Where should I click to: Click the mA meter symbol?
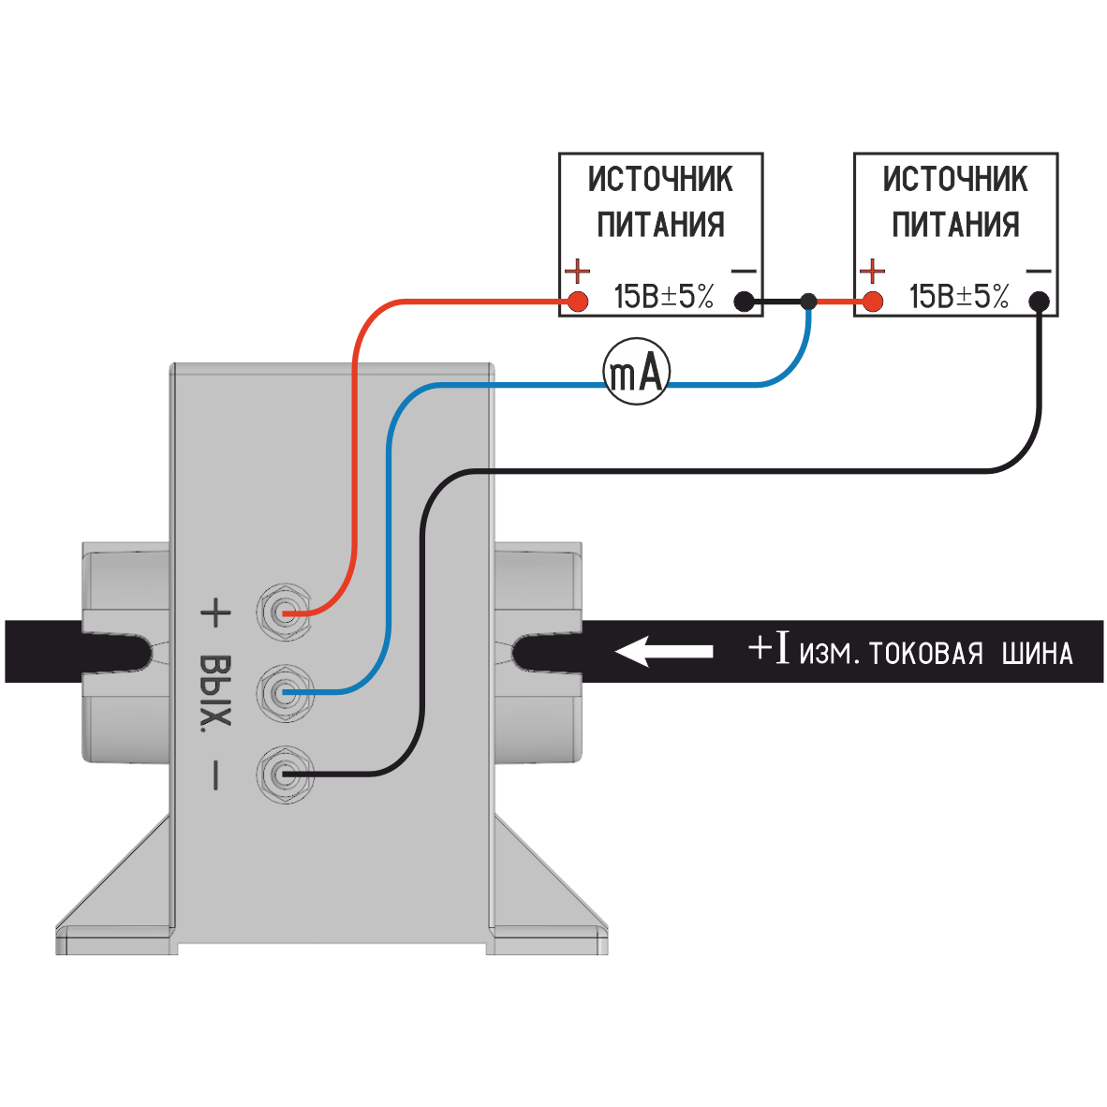click(636, 372)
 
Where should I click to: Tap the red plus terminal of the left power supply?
click(578, 302)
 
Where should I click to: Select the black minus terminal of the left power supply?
click(744, 302)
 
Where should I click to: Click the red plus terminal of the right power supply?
click(873, 302)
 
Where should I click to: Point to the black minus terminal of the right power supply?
click(1039, 302)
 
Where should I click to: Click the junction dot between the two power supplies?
click(809, 302)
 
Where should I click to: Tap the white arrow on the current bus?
click(663, 651)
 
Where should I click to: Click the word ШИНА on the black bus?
click(1037, 653)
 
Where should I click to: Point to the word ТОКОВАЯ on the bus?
click(926, 653)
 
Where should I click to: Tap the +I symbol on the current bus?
click(770, 647)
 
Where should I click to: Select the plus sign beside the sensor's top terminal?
click(214, 613)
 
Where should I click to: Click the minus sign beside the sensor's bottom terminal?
click(215, 775)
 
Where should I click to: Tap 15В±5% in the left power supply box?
click(664, 297)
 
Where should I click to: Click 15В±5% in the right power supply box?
click(959, 297)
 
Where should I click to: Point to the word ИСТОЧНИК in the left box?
click(660, 179)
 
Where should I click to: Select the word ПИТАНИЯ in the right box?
click(955, 225)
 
